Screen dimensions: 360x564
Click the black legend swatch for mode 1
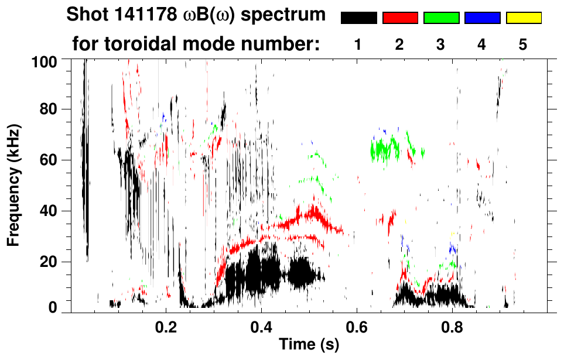[x=358, y=18]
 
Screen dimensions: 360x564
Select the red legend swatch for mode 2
[x=400, y=18]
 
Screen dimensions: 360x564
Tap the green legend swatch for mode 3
[x=441, y=18]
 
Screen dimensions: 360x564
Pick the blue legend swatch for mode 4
[x=482, y=18]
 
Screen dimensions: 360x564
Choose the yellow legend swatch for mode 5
[x=524, y=18]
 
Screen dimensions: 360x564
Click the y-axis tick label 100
[x=45, y=60]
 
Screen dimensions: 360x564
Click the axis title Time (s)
[x=308, y=344]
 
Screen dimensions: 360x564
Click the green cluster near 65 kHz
[x=387, y=149]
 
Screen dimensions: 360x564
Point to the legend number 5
[x=523, y=45]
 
